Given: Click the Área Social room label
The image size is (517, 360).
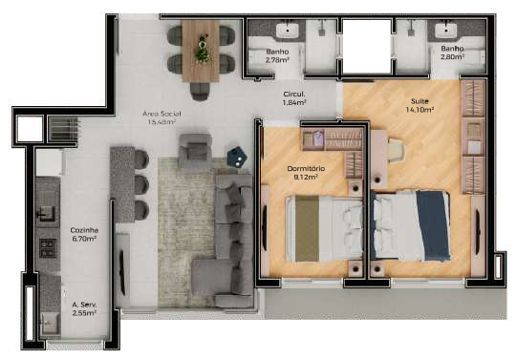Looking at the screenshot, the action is [162, 117].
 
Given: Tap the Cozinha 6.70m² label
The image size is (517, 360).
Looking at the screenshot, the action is [84, 234].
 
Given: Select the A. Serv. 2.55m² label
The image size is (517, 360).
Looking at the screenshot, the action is [84, 309].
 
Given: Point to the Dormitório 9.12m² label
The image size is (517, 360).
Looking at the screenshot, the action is [306, 173].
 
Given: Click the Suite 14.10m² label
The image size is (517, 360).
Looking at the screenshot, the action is [420, 105].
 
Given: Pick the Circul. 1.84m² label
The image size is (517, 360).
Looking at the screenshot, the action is [294, 97].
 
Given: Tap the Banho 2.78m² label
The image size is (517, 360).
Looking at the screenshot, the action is [277, 55].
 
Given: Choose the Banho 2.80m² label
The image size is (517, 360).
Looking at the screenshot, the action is [452, 53].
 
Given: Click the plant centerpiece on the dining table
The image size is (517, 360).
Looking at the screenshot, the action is [201, 50].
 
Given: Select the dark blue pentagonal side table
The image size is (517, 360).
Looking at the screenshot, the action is [237, 157].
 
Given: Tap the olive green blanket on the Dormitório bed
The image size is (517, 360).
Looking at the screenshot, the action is [307, 228].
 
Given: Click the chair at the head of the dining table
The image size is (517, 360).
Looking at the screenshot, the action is [200, 91].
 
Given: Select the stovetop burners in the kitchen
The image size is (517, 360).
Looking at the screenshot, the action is [48, 248].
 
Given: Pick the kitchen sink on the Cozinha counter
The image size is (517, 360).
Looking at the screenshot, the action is [46, 213].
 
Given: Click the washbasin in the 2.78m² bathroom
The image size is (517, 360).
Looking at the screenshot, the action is [288, 31].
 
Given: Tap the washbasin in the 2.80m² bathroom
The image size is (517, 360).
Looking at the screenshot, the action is [445, 31].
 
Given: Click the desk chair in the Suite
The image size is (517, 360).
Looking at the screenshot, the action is [395, 150].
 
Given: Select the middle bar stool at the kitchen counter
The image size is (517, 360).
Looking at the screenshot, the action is [141, 184].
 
